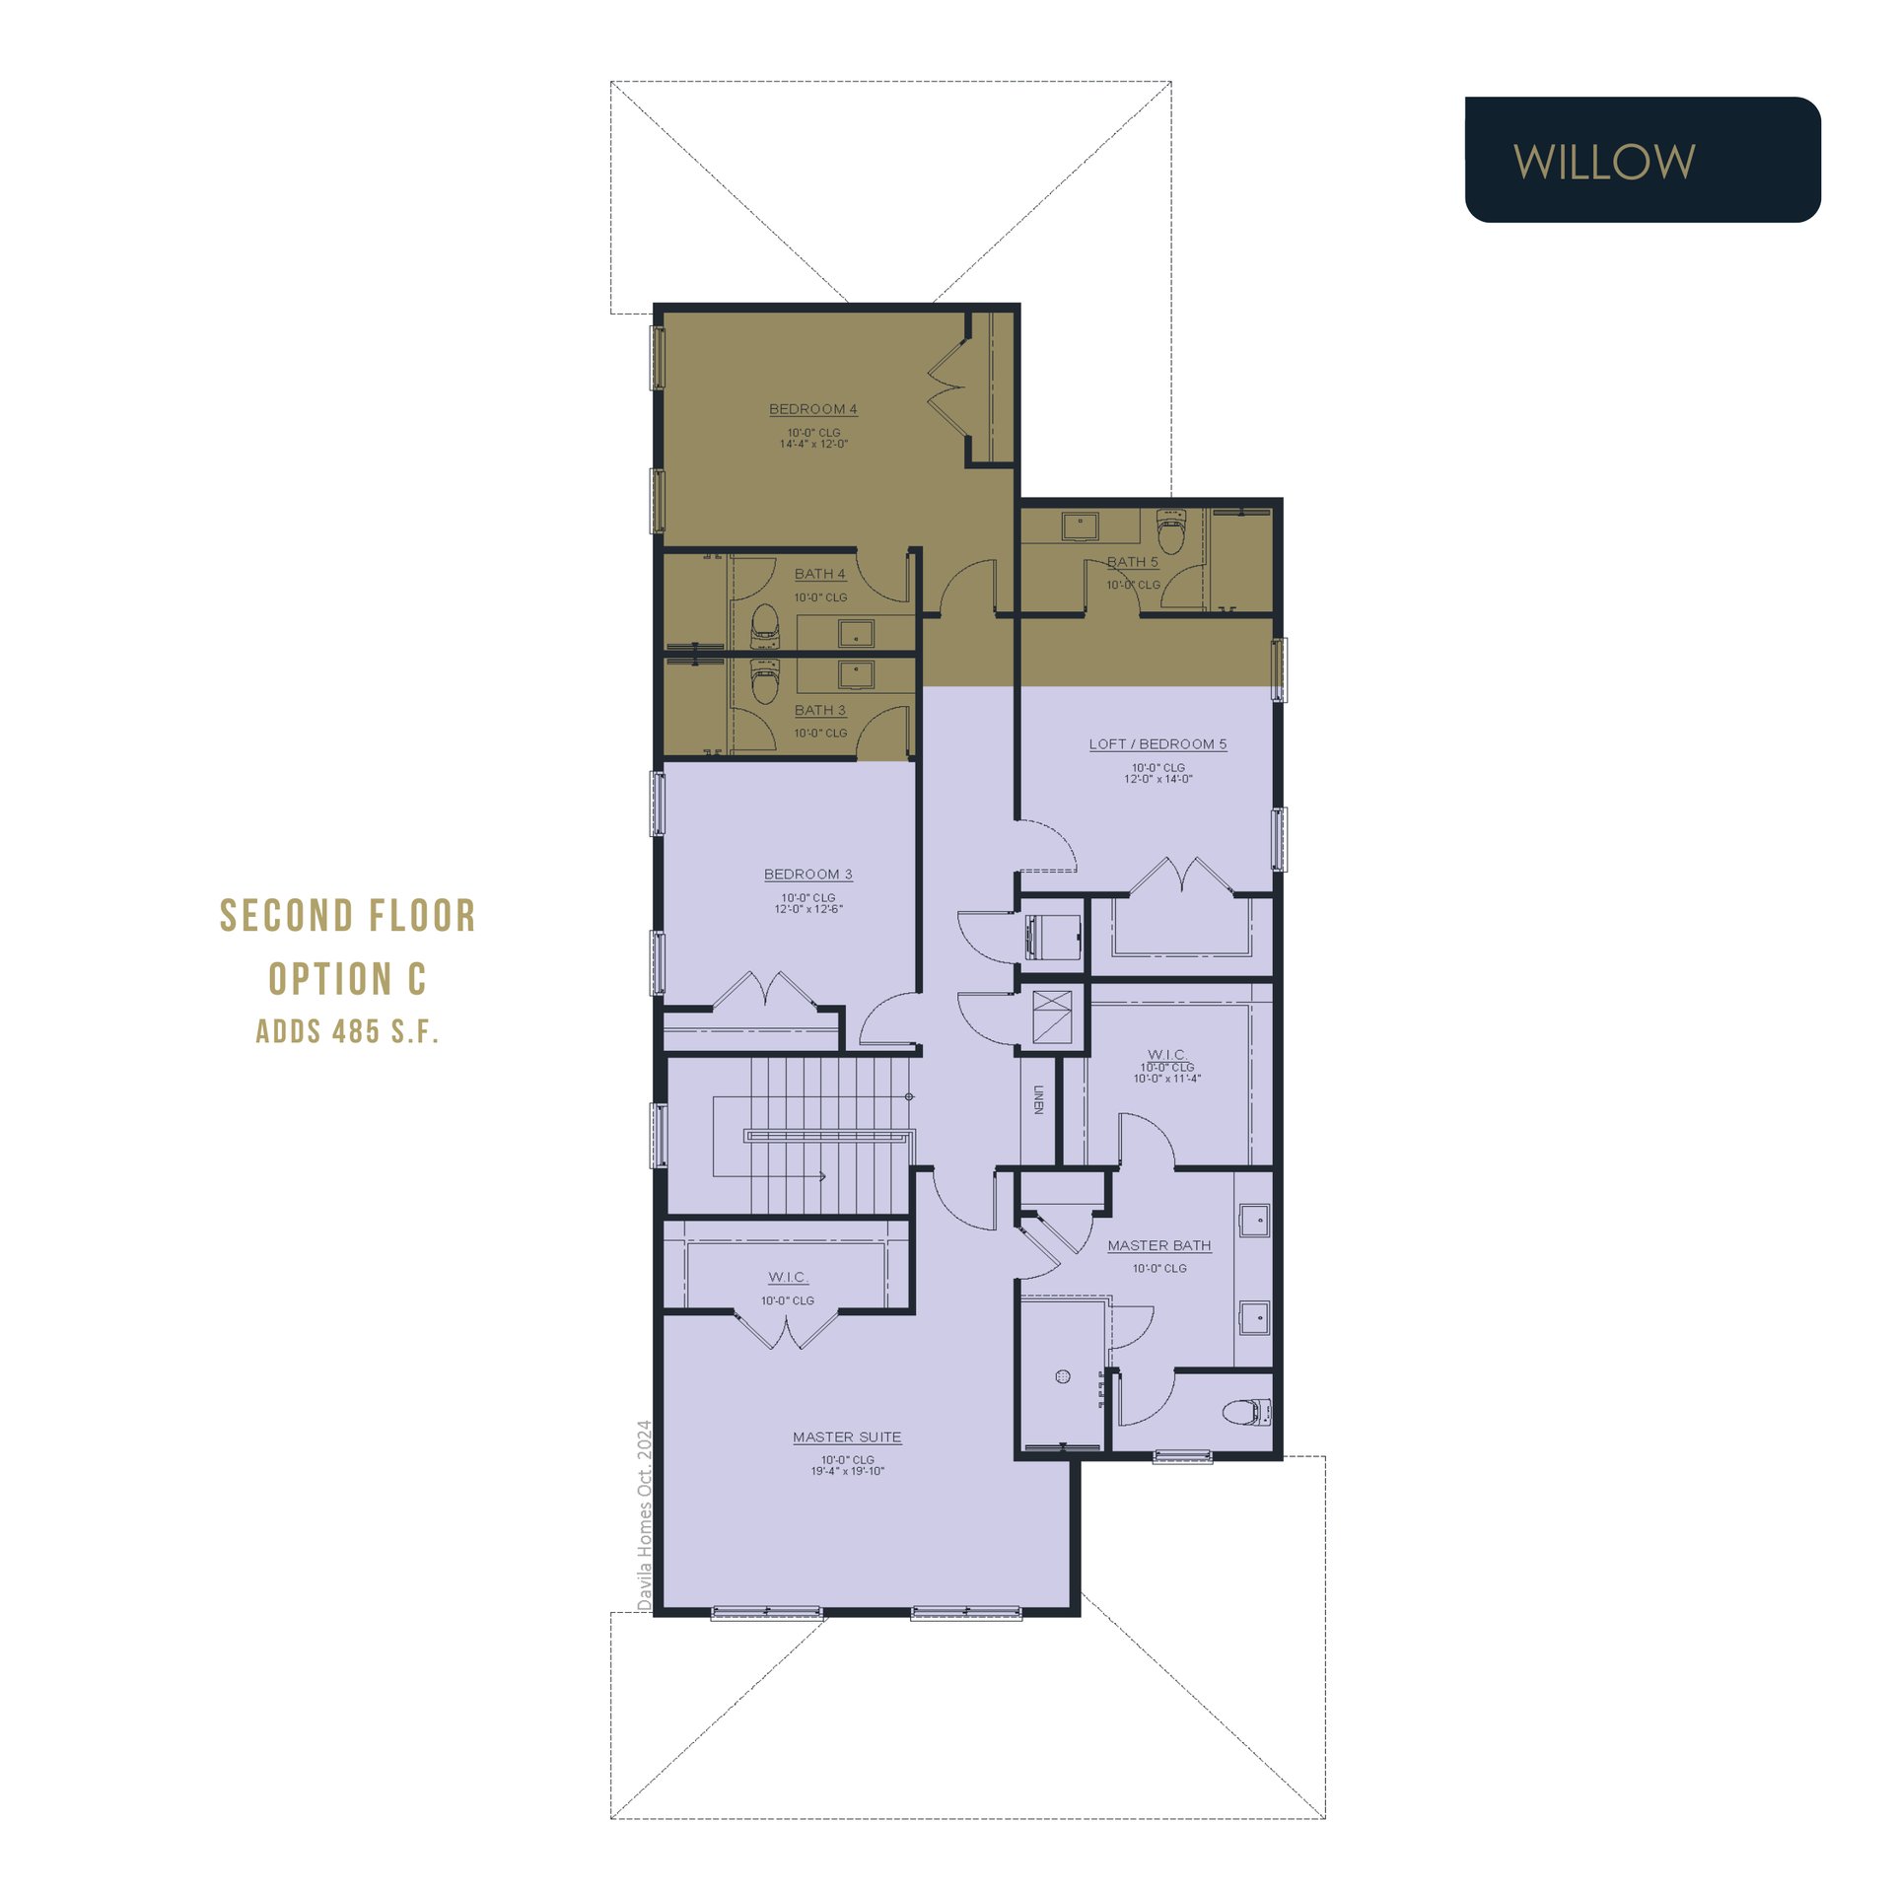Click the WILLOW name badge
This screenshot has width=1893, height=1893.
tap(1643, 160)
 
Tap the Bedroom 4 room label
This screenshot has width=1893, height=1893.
tap(812, 409)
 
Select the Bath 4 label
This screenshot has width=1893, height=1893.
tap(819, 574)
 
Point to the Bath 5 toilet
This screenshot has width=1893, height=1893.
tap(1170, 531)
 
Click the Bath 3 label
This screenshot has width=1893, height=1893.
tap(819, 710)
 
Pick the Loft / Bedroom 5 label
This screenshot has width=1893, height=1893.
tap(1157, 744)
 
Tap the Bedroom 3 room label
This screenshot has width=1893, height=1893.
tap(807, 875)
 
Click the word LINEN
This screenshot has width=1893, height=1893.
tap(1038, 1099)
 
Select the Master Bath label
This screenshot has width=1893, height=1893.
tap(1158, 1246)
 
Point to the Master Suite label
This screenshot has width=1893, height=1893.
tap(847, 1437)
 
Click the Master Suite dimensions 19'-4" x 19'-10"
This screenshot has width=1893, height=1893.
tap(847, 1471)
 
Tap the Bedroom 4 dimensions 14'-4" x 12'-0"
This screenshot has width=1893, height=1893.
tap(813, 444)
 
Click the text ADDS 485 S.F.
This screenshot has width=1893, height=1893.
tap(347, 1031)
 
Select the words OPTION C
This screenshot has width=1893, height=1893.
tap(347, 979)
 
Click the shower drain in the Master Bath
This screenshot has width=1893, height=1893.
tap(1063, 1377)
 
